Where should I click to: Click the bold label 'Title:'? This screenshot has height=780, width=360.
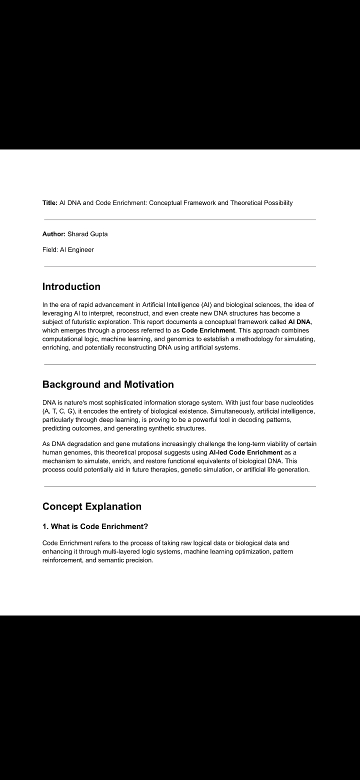[50, 202]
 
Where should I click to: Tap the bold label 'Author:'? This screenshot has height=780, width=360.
[54, 234]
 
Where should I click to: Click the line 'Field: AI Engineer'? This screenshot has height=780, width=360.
[68, 249]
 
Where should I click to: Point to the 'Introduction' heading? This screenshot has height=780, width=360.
[71, 286]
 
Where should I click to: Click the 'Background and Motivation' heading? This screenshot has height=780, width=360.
[108, 384]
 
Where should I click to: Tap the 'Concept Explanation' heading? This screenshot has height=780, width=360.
[92, 506]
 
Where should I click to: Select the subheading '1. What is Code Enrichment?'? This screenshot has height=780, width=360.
[95, 526]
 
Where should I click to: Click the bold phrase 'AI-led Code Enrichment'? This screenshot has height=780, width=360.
[246, 452]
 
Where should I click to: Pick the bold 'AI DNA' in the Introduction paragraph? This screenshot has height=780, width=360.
[299, 322]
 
